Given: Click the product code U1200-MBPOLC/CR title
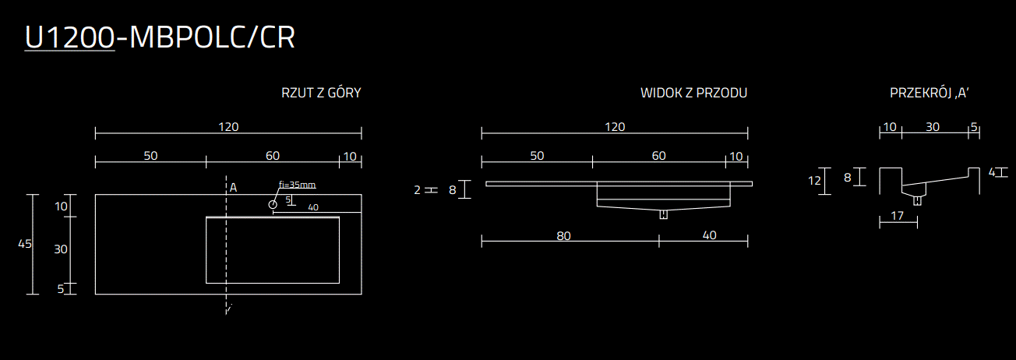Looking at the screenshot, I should click(160, 37).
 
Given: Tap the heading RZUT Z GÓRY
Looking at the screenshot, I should click(321, 94).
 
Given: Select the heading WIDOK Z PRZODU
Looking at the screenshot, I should click(693, 94).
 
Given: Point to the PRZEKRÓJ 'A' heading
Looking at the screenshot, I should click(929, 94).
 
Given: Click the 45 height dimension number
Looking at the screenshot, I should click(24, 244).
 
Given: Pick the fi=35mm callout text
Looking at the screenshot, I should click(297, 185).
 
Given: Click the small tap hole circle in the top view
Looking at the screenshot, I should click(273, 204).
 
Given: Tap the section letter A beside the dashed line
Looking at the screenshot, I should click(233, 187).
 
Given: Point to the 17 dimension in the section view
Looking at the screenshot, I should click(898, 216).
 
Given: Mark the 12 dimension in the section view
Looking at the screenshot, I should click(815, 181).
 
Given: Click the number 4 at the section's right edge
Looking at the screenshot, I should click(992, 172).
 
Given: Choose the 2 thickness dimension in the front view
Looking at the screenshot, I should click(417, 189).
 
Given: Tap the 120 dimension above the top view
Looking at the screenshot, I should click(228, 127).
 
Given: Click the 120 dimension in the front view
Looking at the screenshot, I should click(615, 127).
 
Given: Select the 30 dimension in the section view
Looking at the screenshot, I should click(932, 127).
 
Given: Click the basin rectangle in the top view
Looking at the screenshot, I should click(272, 250).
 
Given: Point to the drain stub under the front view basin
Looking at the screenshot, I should click(663, 214).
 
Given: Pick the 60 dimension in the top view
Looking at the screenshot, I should click(272, 156).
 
